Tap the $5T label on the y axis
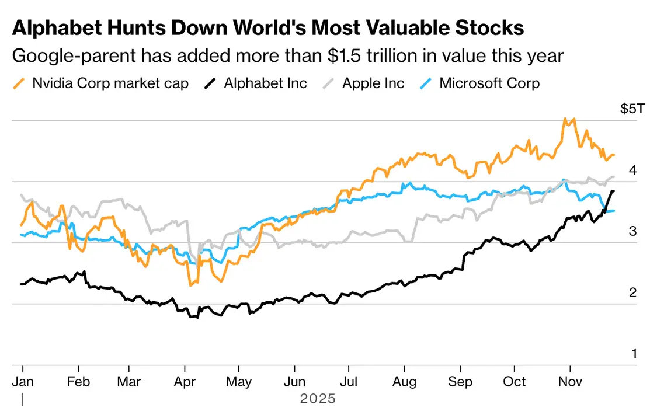coord(630,109)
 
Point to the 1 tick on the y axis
coord(632,353)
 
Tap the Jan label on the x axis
coord(22,382)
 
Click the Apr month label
coord(185,382)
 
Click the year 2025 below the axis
coord(318,399)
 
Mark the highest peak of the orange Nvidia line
coord(564,119)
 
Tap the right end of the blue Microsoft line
coord(614,211)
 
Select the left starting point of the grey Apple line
coord(21,194)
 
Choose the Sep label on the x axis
coord(460,382)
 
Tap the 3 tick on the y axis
coord(632,231)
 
